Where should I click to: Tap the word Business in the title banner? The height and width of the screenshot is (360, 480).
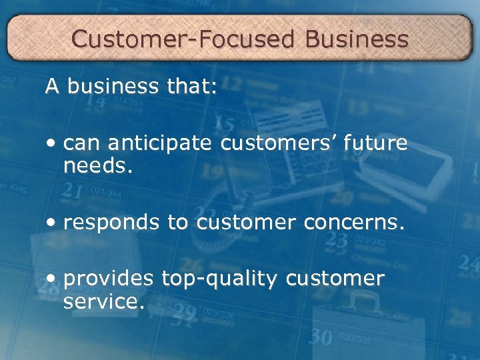point(357,39)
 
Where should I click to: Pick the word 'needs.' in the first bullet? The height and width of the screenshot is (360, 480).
point(99,167)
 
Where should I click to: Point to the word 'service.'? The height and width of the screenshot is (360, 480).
point(103,301)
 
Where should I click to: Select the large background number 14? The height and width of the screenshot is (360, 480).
point(95,101)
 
